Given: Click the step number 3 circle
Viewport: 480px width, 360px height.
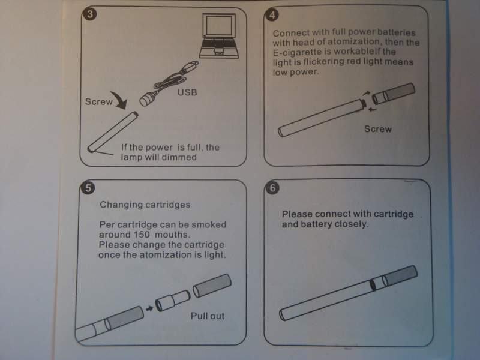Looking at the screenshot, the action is (x=91, y=14).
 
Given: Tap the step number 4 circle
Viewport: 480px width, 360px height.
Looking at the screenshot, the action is (x=272, y=15).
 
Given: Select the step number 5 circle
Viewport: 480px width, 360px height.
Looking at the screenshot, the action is (x=88, y=188).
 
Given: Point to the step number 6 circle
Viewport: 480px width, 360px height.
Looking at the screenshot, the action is (x=272, y=188).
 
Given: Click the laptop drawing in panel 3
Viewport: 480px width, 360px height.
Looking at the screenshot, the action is (x=219, y=36).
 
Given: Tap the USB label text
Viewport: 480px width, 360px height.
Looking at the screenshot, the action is (x=187, y=92).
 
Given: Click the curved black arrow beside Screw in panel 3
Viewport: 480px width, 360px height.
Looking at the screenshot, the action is (x=119, y=100).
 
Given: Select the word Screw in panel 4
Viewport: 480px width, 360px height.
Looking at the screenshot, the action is (x=378, y=129).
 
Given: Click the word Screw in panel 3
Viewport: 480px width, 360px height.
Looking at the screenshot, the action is (x=99, y=101).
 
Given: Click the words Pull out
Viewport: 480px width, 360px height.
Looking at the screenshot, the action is (x=208, y=316).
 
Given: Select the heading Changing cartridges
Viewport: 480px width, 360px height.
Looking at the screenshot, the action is (x=145, y=205).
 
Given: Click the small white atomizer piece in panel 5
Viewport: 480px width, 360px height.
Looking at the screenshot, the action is (x=173, y=301).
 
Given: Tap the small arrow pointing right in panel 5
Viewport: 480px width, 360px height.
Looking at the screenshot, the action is (x=149, y=308).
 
